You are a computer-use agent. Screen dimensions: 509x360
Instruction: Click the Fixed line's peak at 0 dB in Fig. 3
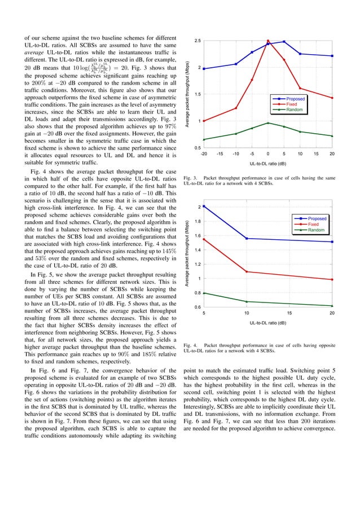(268, 41)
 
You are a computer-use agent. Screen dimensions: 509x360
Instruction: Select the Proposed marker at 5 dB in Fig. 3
(284, 42)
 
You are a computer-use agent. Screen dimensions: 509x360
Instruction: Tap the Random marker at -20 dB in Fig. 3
(204, 139)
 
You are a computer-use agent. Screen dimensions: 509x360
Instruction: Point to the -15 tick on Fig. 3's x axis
(219, 153)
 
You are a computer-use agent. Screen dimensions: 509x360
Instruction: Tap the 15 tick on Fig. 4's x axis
(289, 313)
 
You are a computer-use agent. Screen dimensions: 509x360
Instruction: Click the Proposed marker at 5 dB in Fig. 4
(204, 207)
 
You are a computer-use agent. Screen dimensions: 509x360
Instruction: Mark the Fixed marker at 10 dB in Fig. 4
(247, 272)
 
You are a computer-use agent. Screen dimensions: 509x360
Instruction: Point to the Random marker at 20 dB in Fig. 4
(332, 306)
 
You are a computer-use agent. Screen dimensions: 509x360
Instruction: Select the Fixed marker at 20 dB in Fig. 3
(332, 98)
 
